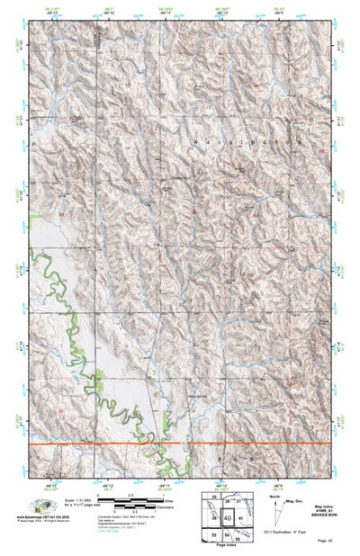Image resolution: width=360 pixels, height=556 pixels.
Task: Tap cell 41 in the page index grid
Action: tap(240, 519)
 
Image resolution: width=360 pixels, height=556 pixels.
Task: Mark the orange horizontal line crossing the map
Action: tap(180, 444)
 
